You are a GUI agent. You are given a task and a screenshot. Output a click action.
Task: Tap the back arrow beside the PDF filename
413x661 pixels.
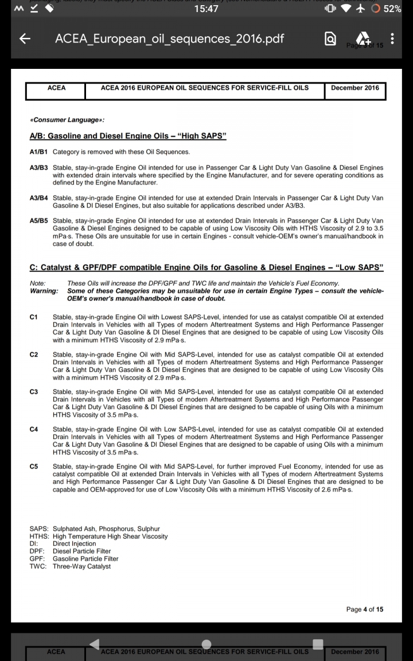coord(25,39)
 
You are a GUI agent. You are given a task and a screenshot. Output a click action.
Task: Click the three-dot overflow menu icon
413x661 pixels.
coord(392,39)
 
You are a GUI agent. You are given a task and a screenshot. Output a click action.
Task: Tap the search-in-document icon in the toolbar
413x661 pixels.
coord(330,39)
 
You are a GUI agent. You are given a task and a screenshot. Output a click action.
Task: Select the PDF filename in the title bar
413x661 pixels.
coord(169,39)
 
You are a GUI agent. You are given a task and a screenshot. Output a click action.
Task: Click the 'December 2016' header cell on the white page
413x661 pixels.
coord(355,88)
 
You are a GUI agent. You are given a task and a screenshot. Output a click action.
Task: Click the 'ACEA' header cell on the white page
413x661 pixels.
coord(56,88)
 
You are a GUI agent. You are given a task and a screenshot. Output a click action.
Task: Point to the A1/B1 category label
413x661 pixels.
coord(38,152)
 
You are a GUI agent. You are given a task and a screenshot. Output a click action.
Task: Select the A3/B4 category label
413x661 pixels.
coord(38,198)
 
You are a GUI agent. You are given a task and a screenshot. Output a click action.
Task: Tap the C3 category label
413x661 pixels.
coord(34,392)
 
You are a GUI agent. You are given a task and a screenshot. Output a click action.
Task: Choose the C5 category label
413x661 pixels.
coord(34,467)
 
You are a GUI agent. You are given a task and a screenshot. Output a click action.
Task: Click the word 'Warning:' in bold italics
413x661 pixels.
coord(44,291)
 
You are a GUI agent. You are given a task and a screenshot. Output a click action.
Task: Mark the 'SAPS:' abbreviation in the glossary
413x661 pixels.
coord(39,529)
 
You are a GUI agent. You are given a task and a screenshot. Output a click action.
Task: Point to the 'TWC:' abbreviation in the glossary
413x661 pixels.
coord(39,567)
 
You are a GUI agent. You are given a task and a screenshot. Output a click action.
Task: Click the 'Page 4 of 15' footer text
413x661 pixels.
coord(364,609)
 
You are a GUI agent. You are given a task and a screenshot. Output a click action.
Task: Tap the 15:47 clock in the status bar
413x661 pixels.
coord(206,9)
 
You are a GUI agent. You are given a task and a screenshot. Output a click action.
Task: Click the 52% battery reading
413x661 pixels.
coord(392,9)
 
